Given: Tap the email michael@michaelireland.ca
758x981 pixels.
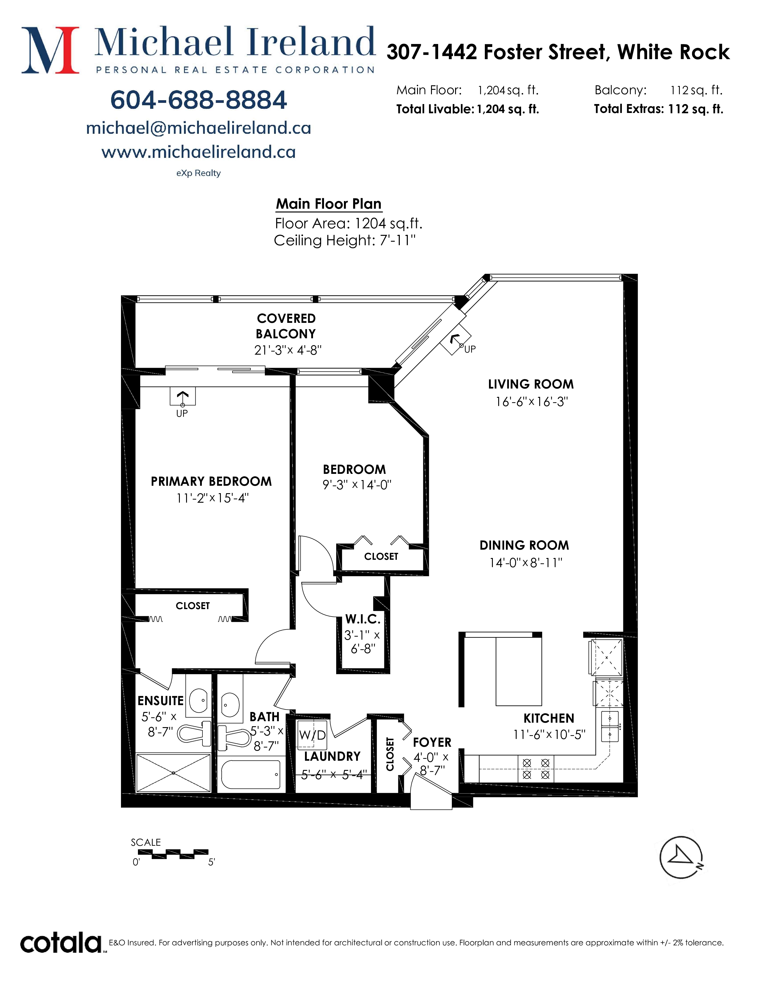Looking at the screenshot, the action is tap(199, 128).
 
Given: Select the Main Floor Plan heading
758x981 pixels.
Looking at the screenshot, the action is tap(329, 204).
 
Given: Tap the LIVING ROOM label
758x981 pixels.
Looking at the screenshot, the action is tap(531, 384).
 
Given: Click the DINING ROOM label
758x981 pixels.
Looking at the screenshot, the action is tap(524, 545).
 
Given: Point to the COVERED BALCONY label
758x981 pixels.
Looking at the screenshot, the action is tap(286, 326).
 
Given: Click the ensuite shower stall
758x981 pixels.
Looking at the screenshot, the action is tap(173, 773).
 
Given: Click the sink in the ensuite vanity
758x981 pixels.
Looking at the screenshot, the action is tap(198, 700).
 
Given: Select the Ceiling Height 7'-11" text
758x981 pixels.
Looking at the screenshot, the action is tap(345, 241).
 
